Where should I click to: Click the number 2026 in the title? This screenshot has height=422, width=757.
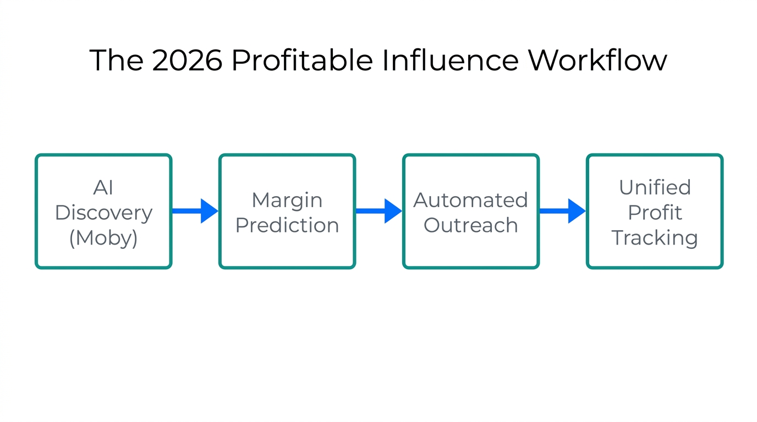[187, 60]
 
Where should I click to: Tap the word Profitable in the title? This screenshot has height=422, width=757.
[302, 60]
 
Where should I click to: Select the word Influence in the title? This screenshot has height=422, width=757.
[450, 60]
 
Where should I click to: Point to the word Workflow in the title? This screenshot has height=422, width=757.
[597, 60]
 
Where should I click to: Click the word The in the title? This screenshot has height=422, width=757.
[116, 60]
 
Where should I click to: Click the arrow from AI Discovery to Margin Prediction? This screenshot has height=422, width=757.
[195, 211]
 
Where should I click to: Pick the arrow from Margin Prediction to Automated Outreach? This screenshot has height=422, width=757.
[379, 211]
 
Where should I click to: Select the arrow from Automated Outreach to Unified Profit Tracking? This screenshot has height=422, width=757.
[563, 211]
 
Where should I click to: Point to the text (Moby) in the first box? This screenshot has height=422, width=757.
[103, 238]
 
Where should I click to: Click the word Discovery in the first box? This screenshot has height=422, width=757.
[103, 213]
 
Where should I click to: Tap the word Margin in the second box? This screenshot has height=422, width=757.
[287, 200]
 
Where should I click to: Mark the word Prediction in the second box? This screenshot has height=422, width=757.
[287, 225]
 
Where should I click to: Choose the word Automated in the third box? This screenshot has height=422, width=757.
[471, 200]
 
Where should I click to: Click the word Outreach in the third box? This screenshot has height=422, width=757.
[471, 225]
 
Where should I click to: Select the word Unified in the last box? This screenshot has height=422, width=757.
[655, 187]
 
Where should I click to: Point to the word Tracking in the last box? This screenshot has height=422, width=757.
[655, 238]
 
